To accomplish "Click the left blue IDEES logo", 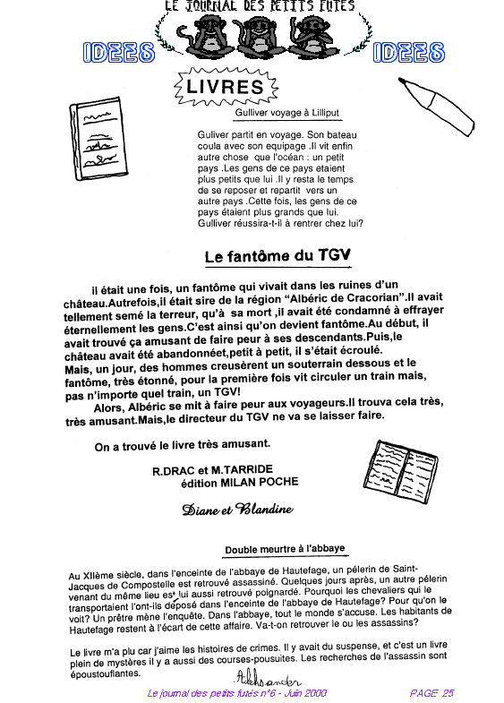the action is tap(119, 53).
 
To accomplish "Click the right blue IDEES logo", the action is tap(408, 53).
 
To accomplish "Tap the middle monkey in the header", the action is tap(260, 37).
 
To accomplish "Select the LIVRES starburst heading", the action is tap(226, 87).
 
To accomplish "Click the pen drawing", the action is tap(436, 106).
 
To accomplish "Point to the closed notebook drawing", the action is tap(98, 139).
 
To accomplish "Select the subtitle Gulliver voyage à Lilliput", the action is tap(287, 113).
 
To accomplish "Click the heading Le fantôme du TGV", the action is tap(278, 255).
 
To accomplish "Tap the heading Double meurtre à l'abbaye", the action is tap(285, 549).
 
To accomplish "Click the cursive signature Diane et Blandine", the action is tap(237, 509).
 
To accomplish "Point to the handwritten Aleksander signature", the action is tap(268, 678).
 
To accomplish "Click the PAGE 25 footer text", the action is tap(431, 693).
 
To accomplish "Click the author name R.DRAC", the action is tap(174, 471).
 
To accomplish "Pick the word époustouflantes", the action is tap(106, 673).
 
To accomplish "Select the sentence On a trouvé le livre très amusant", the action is tap(183, 445).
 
